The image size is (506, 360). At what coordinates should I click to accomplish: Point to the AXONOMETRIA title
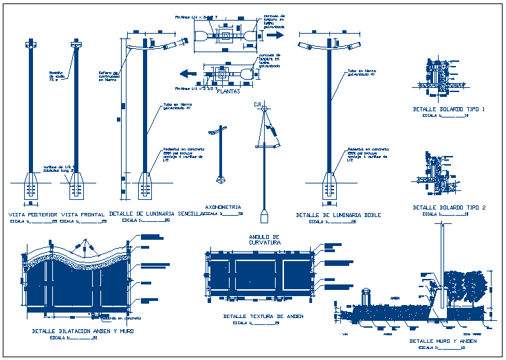point(223,206)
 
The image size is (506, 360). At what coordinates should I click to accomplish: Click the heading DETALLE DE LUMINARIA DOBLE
point(338,215)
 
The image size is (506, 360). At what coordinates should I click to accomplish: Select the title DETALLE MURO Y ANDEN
point(443,341)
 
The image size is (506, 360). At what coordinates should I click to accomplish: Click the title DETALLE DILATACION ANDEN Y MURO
point(82,331)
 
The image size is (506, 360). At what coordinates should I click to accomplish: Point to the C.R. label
point(258,104)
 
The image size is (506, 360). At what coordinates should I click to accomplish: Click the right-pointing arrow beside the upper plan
point(275,34)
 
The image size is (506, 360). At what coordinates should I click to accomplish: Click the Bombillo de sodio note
point(56,75)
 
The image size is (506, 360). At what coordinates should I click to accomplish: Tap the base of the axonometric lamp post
point(220,179)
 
